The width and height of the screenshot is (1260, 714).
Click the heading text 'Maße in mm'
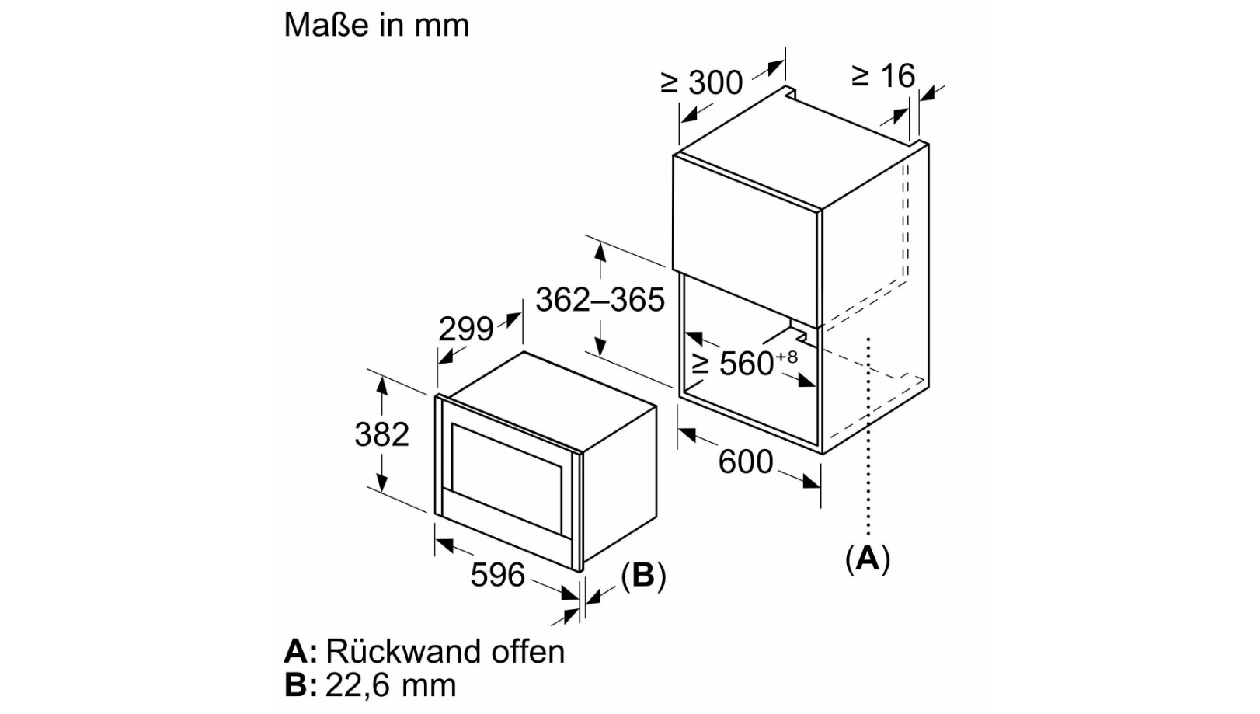click(376, 25)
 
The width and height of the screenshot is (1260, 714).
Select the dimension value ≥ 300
click(701, 82)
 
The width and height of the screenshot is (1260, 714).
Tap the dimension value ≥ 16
click(884, 76)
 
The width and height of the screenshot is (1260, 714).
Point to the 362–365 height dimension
click(600, 300)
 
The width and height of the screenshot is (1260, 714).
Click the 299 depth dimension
click(465, 329)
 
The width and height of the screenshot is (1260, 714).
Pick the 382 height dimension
click(381, 434)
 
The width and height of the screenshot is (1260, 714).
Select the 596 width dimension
click(497, 575)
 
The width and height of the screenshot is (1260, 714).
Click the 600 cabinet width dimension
click(745, 462)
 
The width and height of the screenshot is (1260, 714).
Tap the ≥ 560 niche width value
click(735, 364)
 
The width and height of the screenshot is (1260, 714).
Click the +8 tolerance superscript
click(786, 357)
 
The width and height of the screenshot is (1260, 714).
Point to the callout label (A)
click(867, 559)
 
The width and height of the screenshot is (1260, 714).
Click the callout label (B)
click(643, 576)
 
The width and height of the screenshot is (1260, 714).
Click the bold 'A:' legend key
click(301, 651)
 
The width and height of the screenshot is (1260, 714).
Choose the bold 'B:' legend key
click(301, 685)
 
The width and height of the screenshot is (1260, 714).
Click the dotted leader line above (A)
click(868, 435)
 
